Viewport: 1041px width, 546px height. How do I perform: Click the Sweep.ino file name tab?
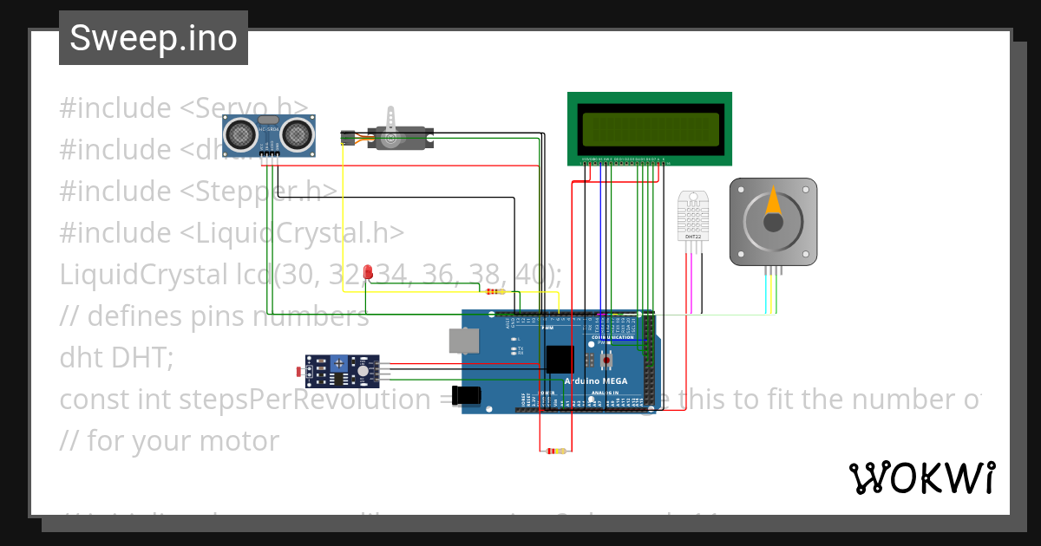(x=154, y=38)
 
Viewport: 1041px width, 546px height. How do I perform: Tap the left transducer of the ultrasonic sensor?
(x=239, y=133)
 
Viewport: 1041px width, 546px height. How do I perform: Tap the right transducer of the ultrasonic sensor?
(x=298, y=133)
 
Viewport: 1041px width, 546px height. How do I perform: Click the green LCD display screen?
(x=650, y=129)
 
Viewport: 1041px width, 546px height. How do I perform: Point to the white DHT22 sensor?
(x=692, y=217)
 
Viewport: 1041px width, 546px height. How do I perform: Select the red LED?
(x=368, y=272)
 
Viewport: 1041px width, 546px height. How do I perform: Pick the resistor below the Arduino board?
(x=553, y=451)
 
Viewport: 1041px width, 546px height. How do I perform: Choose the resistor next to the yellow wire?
(x=496, y=291)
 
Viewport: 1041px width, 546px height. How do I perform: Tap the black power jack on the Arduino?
(x=467, y=394)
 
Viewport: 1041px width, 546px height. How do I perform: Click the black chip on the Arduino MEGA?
(x=560, y=359)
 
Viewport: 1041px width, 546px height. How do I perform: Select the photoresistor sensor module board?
(x=342, y=371)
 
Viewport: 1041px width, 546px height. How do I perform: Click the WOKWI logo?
(x=921, y=478)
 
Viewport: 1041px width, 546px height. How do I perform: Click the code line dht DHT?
(x=116, y=357)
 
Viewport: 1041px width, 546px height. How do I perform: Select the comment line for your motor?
(x=169, y=440)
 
